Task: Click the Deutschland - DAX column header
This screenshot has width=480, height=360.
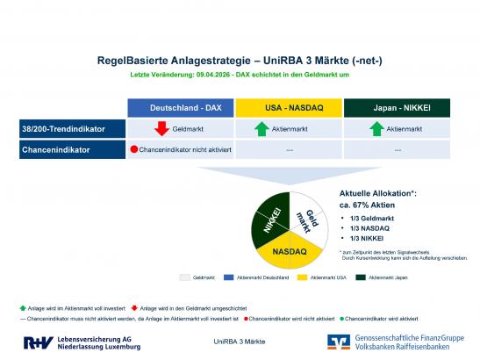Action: (180, 107)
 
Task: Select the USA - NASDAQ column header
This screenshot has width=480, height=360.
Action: (288, 107)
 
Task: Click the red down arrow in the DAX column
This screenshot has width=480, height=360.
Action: (161, 129)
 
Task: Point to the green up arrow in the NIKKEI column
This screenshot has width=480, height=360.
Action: (376, 129)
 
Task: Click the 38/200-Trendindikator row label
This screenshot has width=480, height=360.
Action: (61, 129)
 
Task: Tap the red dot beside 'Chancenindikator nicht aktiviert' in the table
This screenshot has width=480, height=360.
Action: (134, 149)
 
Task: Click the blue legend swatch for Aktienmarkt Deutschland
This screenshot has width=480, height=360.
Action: (230, 277)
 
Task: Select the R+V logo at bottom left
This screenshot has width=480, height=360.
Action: (39, 342)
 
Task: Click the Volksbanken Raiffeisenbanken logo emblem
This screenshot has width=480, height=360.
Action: (339, 342)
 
